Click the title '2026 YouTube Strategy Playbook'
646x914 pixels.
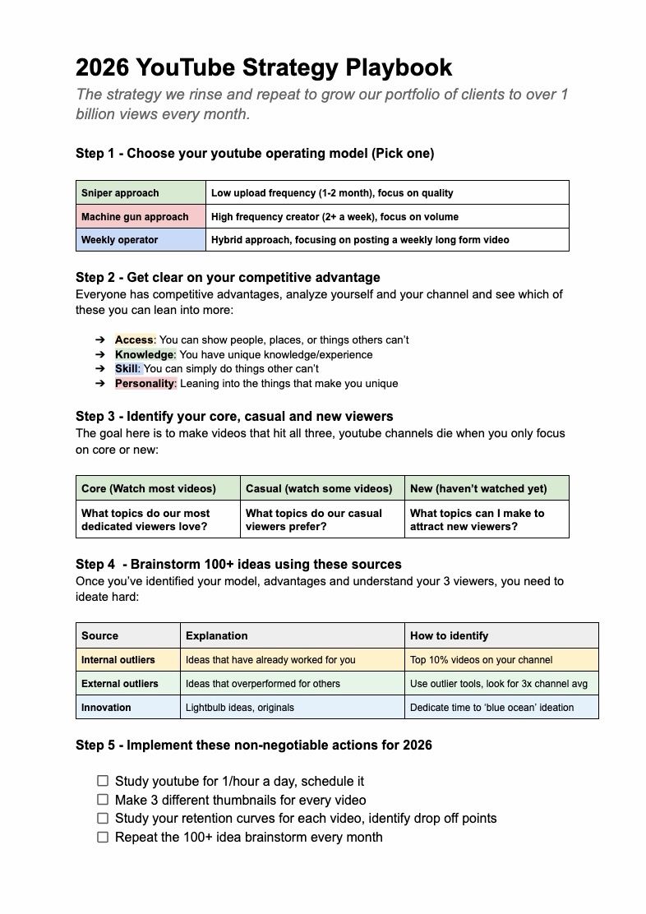pyautogui.click(x=263, y=67)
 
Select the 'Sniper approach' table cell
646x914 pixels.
pyautogui.click(x=141, y=193)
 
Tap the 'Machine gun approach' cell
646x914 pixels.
pyautogui.click(x=141, y=216)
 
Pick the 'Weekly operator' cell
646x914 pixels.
pyautogui.click(x=141, y=240)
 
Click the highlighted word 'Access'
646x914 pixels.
pyautogui.click(x=134, y=339)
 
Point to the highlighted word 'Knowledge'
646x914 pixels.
pyautogui.click(x=145, y=354)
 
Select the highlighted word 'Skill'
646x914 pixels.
pyautogui.click(x=127, y=369)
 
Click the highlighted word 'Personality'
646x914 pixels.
pyautogui.click(x=145, y=384)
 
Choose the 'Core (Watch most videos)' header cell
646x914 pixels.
pyautogui.click(x=158, y=488)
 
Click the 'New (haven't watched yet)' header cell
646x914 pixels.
pyautogui.click(x=486, y=488)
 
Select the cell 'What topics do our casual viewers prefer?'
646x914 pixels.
pyautogui.click(x=321, y=519)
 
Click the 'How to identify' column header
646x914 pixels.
pyautogui.click(x=501, y=635)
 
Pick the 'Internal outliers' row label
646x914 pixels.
pyautogui.click(x=127, y=659)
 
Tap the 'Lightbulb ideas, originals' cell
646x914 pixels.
pyautogui.click(x=292, y=707)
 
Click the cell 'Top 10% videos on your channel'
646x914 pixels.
pyautogui.click(x=501, y=659)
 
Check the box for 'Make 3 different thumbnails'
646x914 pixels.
pyautogui.click(x=103, y=800)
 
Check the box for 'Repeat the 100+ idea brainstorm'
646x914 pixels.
pyautogui.click(x=103, y=838)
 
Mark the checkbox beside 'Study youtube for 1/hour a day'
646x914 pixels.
pyautogui.click(x=103, y=781)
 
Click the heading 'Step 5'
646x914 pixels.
pyautogui.click(x=253, y=745)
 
